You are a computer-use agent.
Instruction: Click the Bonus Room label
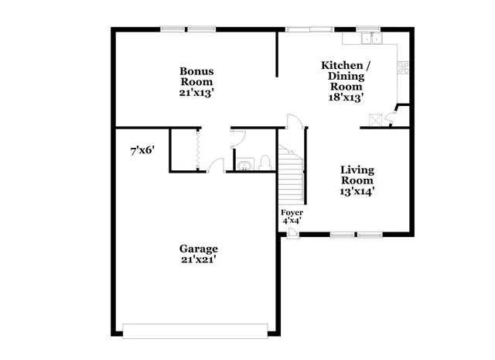(x=197, y=77)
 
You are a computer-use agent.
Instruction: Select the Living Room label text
(x=357, y=175)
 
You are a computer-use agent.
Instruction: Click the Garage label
(x=199, y=249)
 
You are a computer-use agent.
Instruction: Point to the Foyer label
(x=292, y=212)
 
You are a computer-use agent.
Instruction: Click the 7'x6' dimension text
(x=143, y=152)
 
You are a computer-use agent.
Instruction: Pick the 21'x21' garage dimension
(x=199, y=260)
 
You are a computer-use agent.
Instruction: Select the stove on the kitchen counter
(x=403, y=67)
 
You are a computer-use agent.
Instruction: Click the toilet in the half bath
(x=265, y=163)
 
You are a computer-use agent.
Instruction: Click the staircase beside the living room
(x=292, y=174)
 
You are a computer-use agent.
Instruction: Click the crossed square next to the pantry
(x=376, y=120)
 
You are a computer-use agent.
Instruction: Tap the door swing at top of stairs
(x=292, y=122)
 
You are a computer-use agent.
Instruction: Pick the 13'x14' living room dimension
(x=357, y=192)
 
